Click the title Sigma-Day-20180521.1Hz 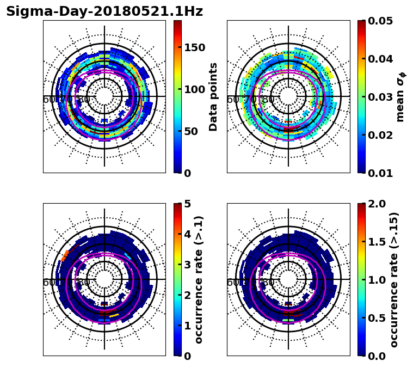click(x=104, y=11)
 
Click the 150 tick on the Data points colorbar click(x=194, y=47)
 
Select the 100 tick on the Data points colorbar click(x=194, y=89)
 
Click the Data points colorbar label click(x=213, y=96)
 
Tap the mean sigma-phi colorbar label click(x=400, y=96)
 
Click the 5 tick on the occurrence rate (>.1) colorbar click(x=188, y=204)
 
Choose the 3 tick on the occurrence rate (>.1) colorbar click(x=188, y=265)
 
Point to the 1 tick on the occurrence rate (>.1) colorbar click(x=188, y=326)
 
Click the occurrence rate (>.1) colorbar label click(x=200, y=279)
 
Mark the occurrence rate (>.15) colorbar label click(x=394, y=279)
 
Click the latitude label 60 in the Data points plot click(x=48, y=100)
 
